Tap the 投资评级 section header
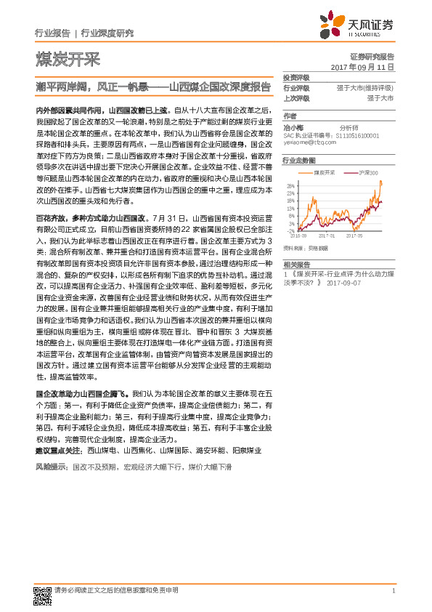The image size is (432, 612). [x=296, y=77]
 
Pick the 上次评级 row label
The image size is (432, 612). [x=296, y=97]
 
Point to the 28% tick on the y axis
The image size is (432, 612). [x=290, y=184]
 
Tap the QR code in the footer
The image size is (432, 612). [x=41, y=595]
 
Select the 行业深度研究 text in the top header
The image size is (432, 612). [x=106, y=33]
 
